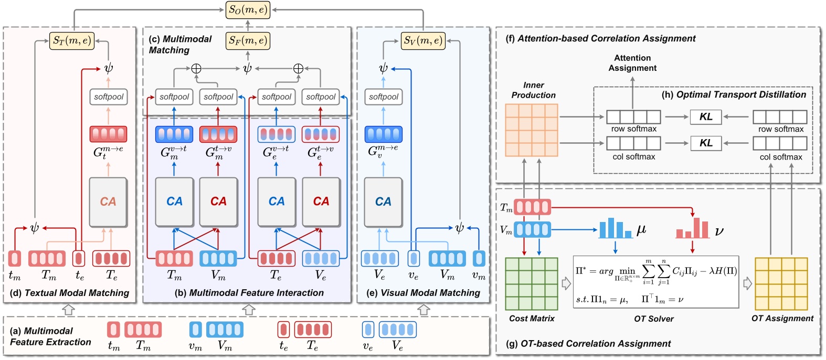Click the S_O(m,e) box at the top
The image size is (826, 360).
pyautogui.click(x=248, y=10)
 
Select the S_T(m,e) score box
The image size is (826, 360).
pyautogui.click(x=72, y=40)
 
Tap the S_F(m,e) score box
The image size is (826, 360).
pyautogui.click(x=248, y=40)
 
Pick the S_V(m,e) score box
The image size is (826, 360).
pyautogui.click(x=423, y=40)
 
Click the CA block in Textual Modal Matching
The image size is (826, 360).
pyautogui.click(x=108, y=202)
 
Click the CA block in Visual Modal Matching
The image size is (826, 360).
pyautogui.click(x=383, y=202)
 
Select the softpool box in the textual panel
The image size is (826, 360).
pyautogui.click(x=109, y=97)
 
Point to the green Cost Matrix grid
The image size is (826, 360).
pyautogui.click(x=531, y=284)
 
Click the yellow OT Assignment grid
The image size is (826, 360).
pyautogui.click(x=781, y=284)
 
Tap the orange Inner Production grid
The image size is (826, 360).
pyautogui.click(x=531, y=130)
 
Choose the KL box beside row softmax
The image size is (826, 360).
pyautogui.click(x=706, y=117)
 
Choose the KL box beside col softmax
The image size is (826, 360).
pyautogui.click(x=706, y=143)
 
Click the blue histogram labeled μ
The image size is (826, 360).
pyautogui.click(x=616, y=228)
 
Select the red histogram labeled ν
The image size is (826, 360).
pyautogui.click(x=693, y=229)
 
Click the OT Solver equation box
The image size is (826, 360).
pyautogui.click(x=655, y=282)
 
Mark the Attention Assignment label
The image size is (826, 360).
pyautogui.click(x=632, y=63)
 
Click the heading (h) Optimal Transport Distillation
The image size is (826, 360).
pyautogui.click(x=734, y=94)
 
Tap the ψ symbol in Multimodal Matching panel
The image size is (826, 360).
pyautogui.click(x=247, y=68)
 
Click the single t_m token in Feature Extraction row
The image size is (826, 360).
pyautogui.click(x=113, y=330)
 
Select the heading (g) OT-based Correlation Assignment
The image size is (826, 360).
pyautogui.click(x=588, y=344)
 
